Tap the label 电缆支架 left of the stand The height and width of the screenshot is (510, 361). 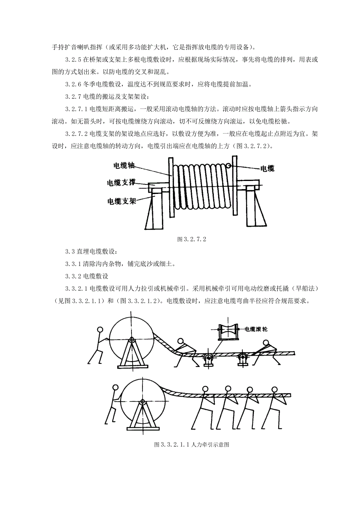(x=122, y=201)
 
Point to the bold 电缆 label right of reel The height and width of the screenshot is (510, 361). (x=268, y=169)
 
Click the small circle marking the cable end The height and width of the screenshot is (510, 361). (x=228, y=166)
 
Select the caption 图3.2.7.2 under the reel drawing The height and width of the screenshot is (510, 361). (x=192, y=239)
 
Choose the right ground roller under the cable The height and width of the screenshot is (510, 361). (x=242, y=358)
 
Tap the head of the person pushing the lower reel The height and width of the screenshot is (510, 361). (x=115, y=388)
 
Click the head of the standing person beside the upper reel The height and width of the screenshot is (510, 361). (x=100, y=330)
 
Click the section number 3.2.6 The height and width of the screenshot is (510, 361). (x=73, y=84)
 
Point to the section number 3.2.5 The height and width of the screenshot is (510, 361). (x=73, y=60)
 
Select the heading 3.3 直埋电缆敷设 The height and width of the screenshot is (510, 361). (x=91, y=251)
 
